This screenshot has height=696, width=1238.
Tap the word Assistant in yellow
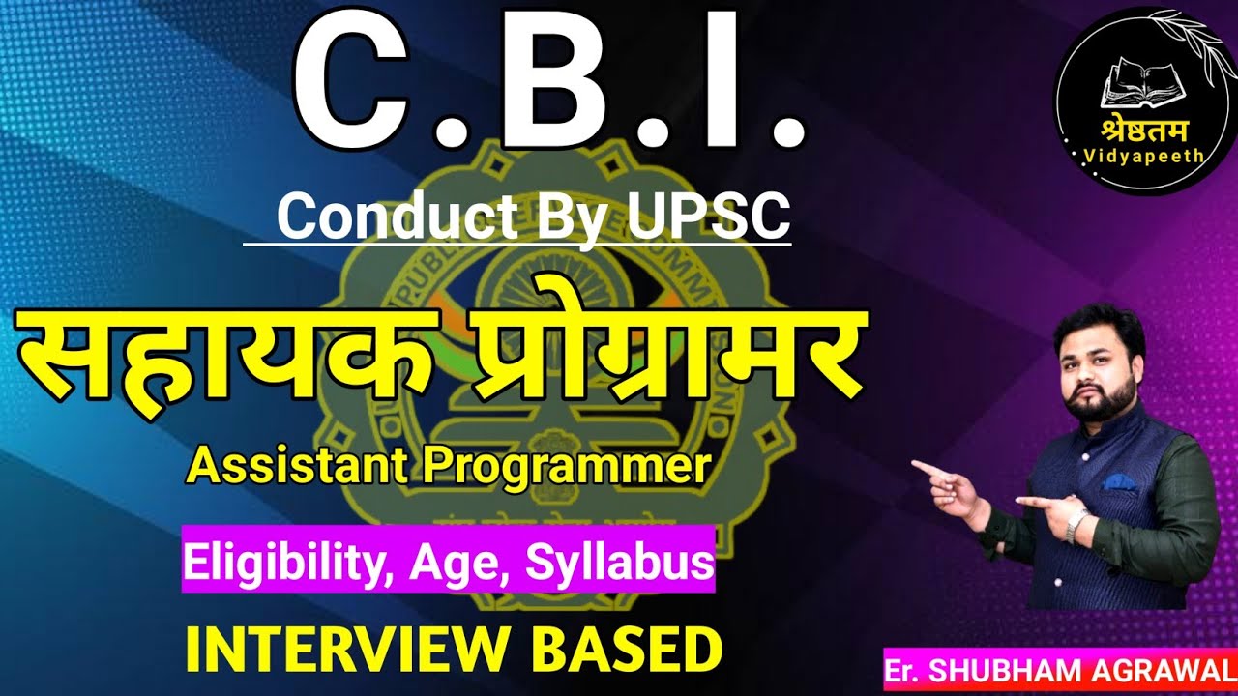point(300,469)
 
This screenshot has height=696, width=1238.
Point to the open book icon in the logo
point(1137,81)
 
